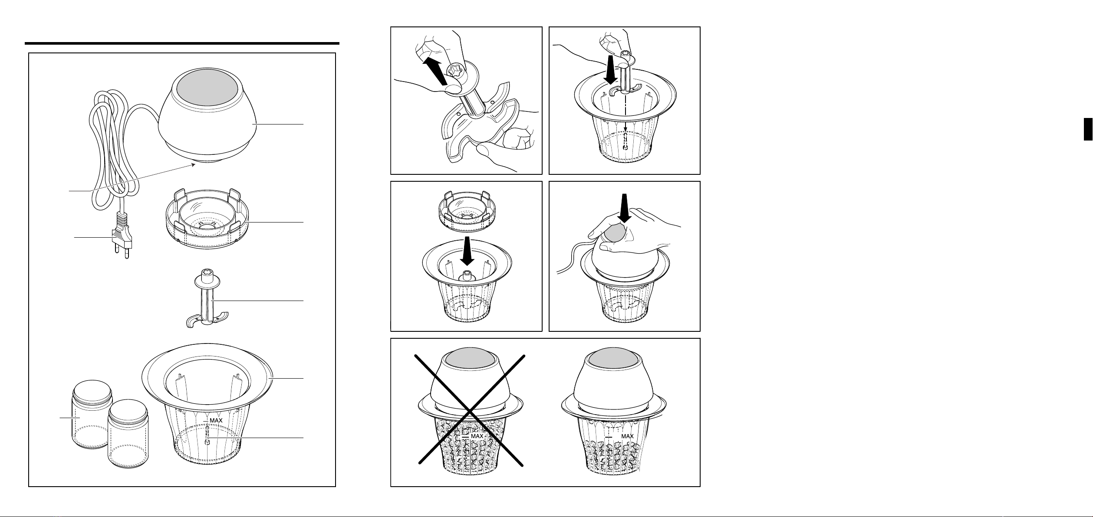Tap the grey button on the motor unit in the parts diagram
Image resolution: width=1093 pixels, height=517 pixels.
point(207,93)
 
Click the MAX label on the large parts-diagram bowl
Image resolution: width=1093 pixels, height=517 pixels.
point(216,420)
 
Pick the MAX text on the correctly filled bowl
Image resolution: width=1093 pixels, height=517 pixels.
point(627,436)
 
